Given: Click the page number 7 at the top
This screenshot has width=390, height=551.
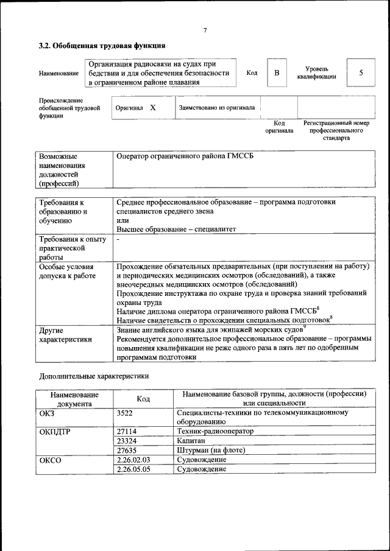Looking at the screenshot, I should (205, 30).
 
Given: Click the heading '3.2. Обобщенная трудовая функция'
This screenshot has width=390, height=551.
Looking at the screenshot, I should (102, 46).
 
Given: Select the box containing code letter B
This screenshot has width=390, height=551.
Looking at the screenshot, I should (277, 73).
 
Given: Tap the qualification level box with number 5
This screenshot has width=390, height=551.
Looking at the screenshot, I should (361, 73).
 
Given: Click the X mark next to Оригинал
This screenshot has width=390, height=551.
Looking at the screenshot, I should (153, 107).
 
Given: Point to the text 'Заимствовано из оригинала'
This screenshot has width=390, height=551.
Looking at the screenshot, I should (217, 107).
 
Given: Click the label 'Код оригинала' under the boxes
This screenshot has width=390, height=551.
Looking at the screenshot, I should (278, 127).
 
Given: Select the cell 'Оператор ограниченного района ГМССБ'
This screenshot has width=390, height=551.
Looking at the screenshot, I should (185, 156).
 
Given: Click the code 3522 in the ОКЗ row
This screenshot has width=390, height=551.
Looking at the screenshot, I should (126, 413).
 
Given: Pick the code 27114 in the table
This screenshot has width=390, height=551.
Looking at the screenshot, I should (126, 431).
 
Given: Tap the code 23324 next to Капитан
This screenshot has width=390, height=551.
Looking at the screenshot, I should (126, 441).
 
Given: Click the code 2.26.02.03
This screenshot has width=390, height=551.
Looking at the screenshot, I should (133, 460).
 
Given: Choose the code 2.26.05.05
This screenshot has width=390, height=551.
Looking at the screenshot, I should (133, 469).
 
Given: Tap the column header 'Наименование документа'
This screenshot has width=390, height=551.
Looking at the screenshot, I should (74, 399).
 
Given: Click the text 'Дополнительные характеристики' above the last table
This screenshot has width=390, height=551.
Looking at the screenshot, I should (94, 376).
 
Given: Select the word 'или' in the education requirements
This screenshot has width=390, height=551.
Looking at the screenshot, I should (121, 220).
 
